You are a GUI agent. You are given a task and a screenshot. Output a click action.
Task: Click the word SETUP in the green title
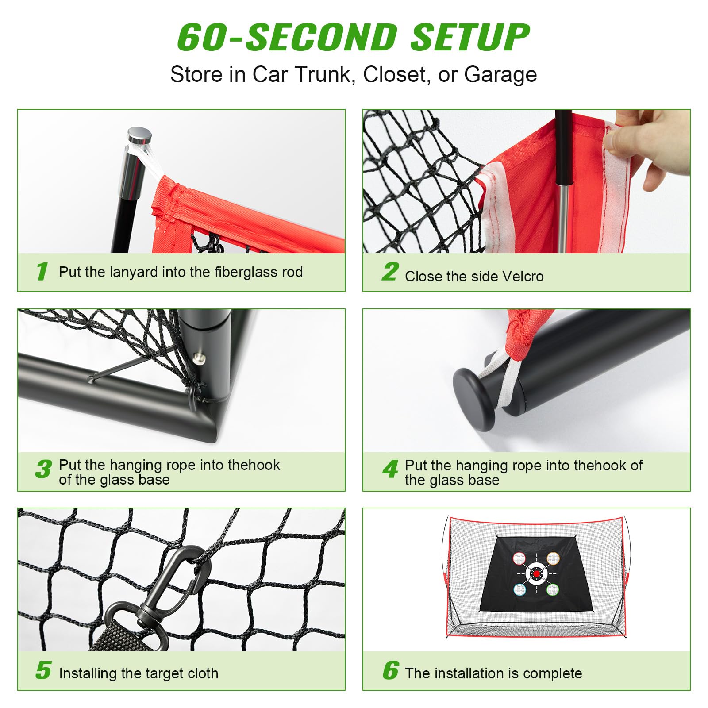click(470, 37)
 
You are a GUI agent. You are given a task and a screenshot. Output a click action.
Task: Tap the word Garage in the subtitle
click(500, 74)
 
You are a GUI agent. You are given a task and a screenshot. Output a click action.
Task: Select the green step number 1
click(42, 271)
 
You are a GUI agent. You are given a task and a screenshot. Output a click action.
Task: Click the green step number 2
click(390, 272)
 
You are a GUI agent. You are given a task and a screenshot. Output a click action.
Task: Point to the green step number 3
click(43, 469)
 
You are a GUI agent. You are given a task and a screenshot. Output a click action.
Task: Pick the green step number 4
click(390, 469)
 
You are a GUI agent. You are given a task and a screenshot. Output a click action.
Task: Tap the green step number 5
click(43, 670)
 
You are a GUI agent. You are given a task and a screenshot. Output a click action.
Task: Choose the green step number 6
click(391, 670)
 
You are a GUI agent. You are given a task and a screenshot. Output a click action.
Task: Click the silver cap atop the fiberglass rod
click(139, 134)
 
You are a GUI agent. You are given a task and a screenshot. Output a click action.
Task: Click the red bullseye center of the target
click(537, 574)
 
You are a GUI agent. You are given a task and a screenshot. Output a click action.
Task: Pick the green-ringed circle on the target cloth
click(552, 589)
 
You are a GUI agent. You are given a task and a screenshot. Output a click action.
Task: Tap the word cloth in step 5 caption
click(203, 673)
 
